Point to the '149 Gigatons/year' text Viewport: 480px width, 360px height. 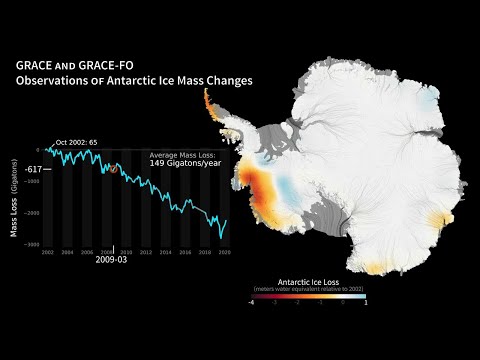click(184, 165)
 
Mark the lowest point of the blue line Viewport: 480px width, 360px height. click(222, 238)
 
